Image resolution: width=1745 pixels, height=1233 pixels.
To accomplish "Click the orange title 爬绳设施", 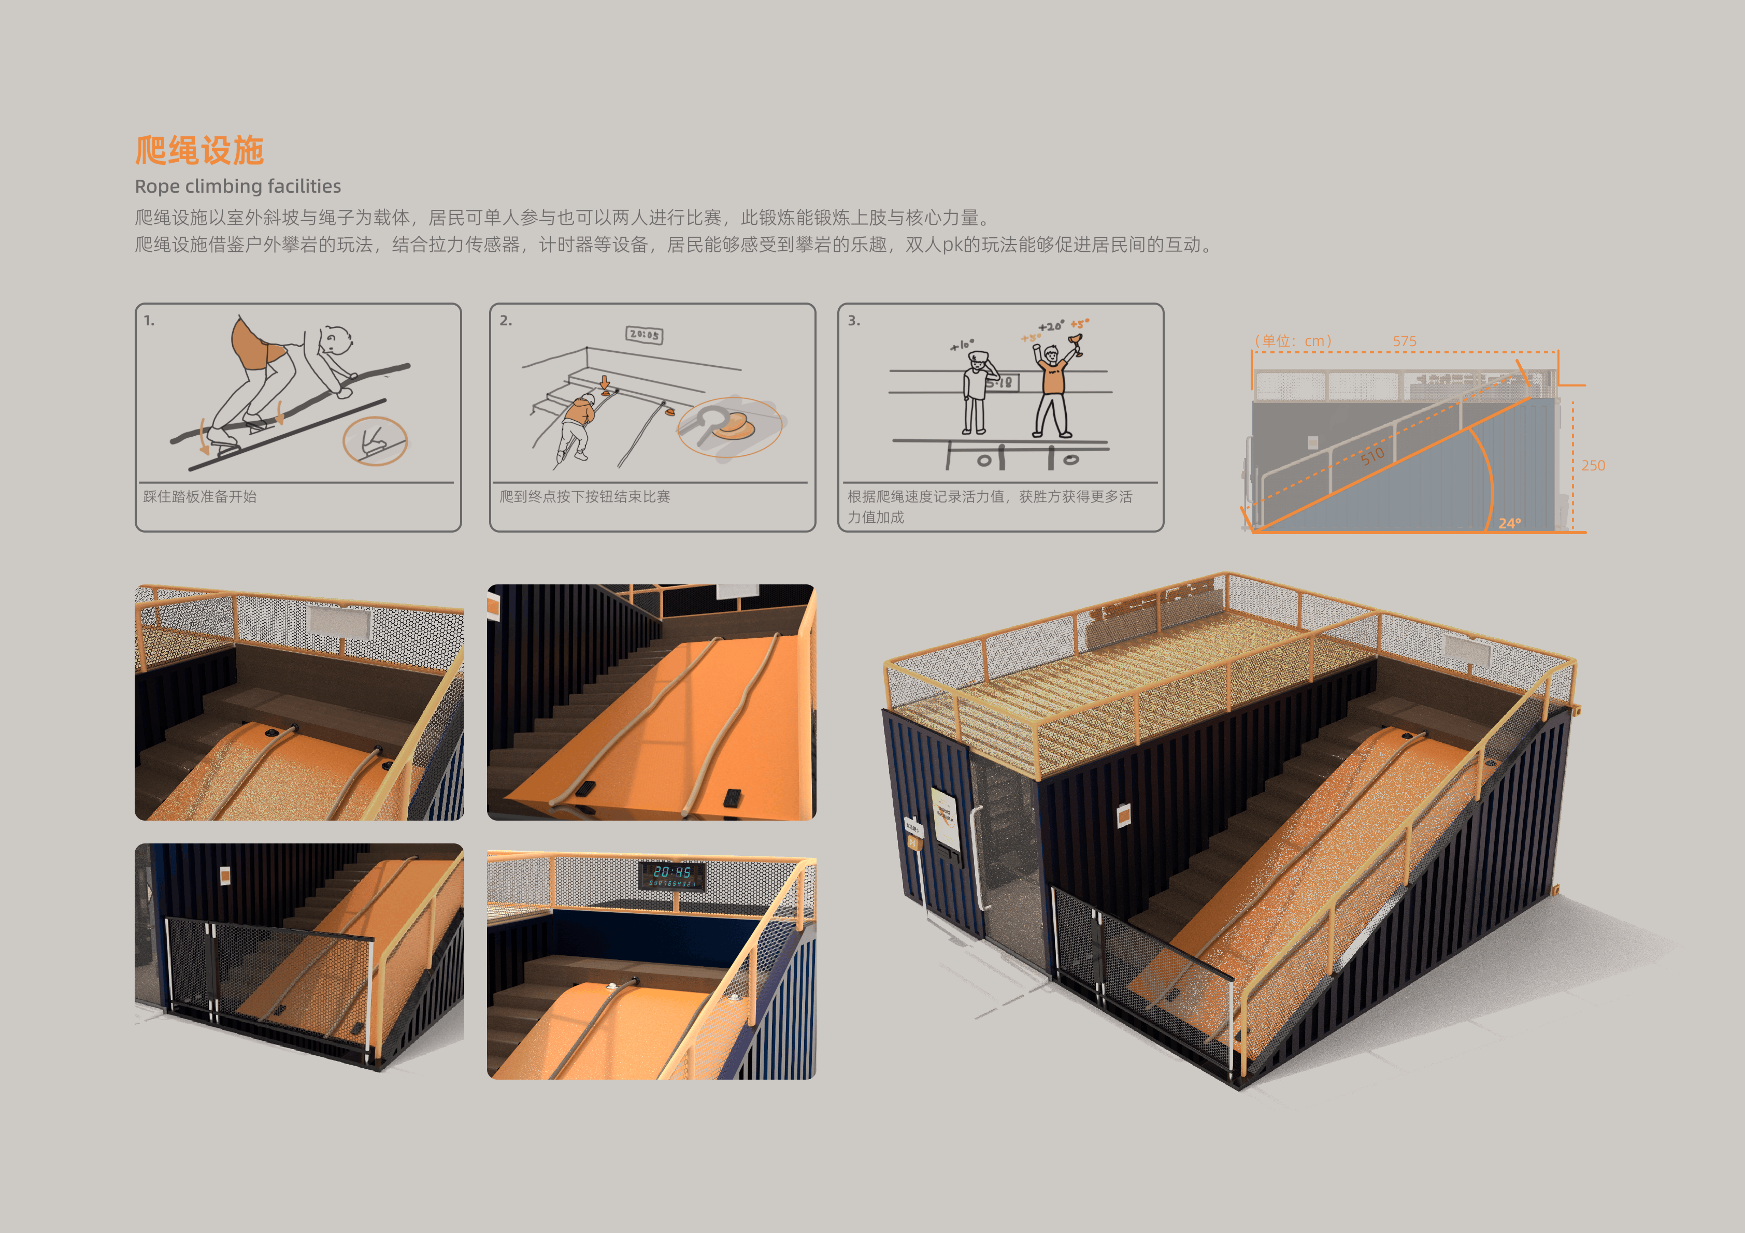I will tap(199, 151).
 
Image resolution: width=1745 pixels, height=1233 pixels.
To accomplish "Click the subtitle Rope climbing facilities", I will tap(237, 186).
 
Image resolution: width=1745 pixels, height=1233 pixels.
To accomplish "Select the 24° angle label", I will tap(1509, 523).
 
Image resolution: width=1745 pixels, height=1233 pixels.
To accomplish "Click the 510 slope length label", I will tap(1372, 456).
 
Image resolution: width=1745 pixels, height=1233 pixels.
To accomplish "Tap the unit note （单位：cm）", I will tap(1293, 341).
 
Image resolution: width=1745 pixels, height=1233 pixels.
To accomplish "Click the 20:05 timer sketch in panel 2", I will tap(643, 335).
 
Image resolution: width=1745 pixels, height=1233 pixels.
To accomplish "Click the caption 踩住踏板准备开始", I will tap(200, 496).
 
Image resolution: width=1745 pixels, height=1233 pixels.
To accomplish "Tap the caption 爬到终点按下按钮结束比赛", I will tap(584, 496).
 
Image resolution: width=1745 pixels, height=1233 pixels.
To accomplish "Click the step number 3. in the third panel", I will tap(853, 321).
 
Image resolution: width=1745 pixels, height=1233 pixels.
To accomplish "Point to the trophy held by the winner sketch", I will tap(1076, 343).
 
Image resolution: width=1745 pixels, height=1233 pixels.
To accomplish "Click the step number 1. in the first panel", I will tap(149, 321).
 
